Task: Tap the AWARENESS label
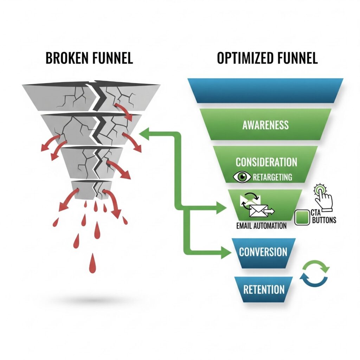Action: [265, 125]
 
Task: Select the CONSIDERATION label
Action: [266, 162]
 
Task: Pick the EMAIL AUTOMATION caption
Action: [262, 225]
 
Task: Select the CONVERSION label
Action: [263, 252]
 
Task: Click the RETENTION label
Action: [264, 289]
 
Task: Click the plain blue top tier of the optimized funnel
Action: [265, 90]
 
